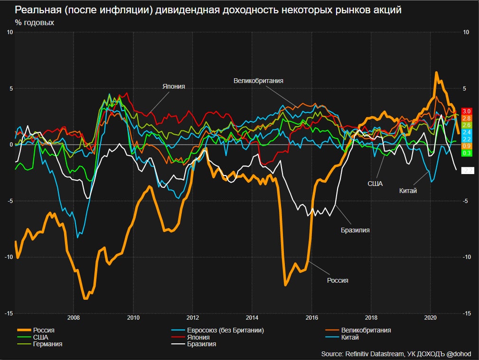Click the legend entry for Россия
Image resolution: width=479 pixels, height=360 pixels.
43,330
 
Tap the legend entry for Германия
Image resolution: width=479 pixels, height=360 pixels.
47,344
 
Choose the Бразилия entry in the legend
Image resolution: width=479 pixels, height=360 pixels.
201,344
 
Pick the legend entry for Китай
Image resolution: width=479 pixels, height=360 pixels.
349,337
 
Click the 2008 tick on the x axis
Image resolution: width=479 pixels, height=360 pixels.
73,317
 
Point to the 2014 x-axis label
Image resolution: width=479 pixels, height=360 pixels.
252,317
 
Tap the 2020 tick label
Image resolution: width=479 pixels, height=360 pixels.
430,317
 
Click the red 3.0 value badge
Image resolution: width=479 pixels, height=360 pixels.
466,111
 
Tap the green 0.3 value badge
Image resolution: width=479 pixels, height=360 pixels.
466,153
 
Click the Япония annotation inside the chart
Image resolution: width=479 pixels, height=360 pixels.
173,87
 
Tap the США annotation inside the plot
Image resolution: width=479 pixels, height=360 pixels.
375,183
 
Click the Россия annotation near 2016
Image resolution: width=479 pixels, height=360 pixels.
338,280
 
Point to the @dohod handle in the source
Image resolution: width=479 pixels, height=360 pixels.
459,353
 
